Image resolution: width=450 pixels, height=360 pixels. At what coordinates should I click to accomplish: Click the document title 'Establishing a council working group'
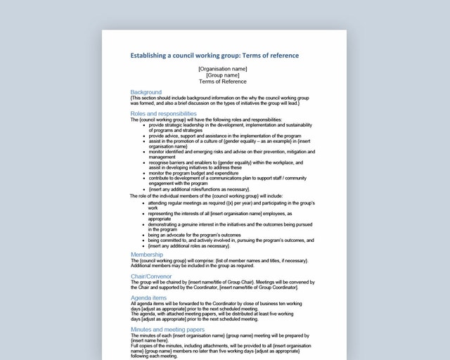point(214,56)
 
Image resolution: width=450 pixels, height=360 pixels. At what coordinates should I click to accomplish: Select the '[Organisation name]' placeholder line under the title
point(222,69)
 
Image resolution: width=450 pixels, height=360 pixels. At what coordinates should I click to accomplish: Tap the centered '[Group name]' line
point(222,75)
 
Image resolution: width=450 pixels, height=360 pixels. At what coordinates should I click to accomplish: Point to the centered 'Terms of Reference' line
point(222,82)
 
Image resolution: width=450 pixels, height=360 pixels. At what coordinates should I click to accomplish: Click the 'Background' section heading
point(146,92)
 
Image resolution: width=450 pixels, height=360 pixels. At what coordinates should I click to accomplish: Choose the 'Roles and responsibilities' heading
point(163,113)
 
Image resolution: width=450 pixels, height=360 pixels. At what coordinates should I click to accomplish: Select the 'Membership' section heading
point(147,255)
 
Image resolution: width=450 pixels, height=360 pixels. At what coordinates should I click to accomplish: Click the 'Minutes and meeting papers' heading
point(167,329)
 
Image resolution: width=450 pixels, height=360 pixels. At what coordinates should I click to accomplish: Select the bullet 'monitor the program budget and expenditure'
point(198,173)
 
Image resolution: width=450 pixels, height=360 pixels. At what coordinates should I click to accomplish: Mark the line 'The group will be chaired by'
point(222,282)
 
